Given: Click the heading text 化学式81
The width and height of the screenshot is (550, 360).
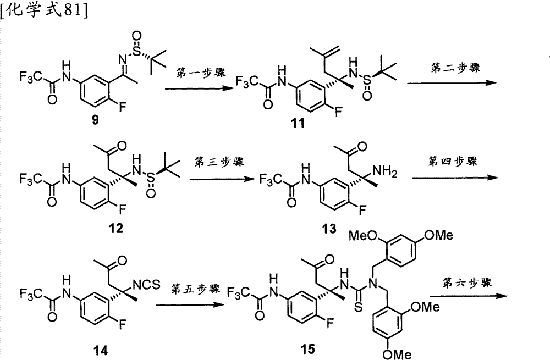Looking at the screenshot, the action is [44, 10].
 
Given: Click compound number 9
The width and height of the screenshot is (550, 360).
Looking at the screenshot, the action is [95, 120].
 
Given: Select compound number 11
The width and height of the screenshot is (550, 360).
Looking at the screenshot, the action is [298, 123].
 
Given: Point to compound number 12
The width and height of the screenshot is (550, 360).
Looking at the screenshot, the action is [116, 228].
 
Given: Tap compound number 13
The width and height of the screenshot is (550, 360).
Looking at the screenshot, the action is [329, 229].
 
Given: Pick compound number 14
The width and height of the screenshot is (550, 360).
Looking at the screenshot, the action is [100, 350].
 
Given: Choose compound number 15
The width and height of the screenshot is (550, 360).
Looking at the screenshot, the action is [307, 349].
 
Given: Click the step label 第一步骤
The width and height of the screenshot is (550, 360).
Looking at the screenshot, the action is [201, 73].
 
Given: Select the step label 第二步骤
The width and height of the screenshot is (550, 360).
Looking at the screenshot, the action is [455, 67].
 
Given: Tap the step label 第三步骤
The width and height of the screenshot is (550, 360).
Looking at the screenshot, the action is [219, 162].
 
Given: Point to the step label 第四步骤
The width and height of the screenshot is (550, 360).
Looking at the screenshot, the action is [453, 161].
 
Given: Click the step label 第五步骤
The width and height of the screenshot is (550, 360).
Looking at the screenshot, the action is [196, 289].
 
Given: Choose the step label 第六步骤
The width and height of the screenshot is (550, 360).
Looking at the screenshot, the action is [467, 283].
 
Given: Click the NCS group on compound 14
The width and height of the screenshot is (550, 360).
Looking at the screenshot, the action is [147, 285].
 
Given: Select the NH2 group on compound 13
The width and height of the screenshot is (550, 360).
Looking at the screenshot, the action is [385, 172].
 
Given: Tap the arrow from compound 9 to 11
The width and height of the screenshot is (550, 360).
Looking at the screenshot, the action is [199, 88].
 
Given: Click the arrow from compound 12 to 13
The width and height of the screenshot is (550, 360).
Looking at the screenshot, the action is [222, 179].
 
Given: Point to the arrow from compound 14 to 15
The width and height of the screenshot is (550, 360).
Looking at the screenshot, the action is [190, 304].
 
